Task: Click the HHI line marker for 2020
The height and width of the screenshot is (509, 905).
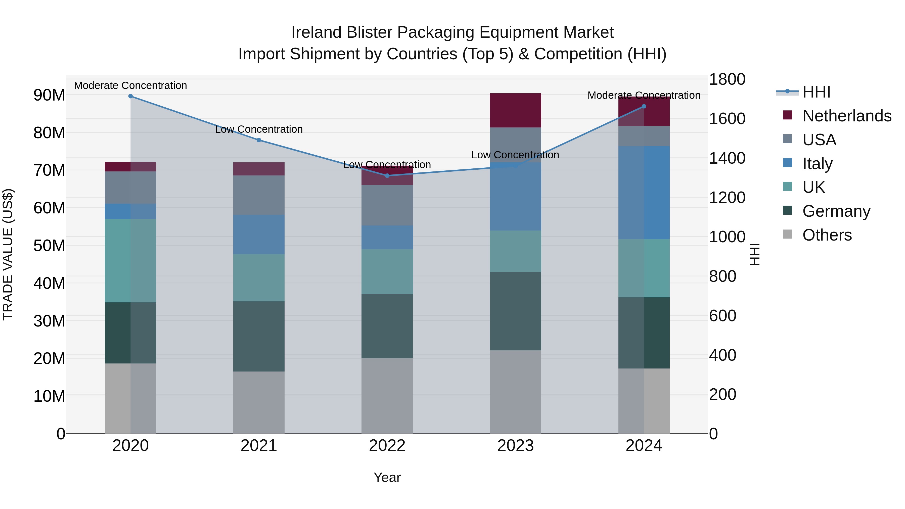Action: click(130, 96)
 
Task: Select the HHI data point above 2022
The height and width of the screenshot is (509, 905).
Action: click(387, 176)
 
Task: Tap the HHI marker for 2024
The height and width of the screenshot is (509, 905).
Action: click(644, 106)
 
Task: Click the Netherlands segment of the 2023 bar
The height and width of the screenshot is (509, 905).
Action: click(515, 110)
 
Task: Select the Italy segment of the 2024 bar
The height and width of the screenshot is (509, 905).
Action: click(644, 193)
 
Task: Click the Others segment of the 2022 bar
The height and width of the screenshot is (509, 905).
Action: click(387, 396)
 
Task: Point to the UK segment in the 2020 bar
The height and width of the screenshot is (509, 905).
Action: click(130, 261)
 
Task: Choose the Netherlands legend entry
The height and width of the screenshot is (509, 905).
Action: click(847, 116)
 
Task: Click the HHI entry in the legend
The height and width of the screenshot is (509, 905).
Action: click(816, 92)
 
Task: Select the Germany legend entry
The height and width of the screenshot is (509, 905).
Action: click(836, 211)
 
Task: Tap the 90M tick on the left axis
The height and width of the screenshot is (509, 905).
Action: click(49, 95)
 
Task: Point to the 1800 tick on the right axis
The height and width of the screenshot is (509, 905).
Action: click(727, 79)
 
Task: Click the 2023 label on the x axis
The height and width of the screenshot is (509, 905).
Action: click(515, 446)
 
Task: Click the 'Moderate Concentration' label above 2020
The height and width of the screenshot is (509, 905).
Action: click(130, 85)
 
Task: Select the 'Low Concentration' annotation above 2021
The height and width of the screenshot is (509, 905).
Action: click(259, 129)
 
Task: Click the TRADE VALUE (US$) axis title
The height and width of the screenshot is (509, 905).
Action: click(8, 254)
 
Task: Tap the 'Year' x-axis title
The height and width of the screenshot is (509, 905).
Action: click(387, 477)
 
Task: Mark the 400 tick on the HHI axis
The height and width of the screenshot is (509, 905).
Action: click(722, 355)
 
